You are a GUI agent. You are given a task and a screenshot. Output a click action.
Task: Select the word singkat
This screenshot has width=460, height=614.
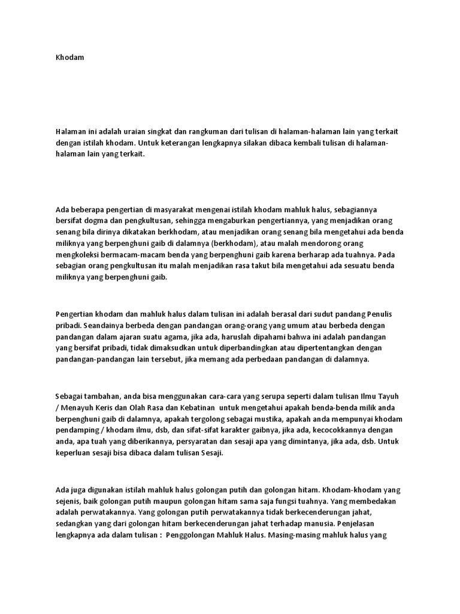(154, 131)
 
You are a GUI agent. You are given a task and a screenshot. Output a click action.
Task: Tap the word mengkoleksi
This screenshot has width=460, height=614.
(80, 254)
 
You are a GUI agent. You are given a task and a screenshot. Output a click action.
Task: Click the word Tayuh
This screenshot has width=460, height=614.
(386, 396)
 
